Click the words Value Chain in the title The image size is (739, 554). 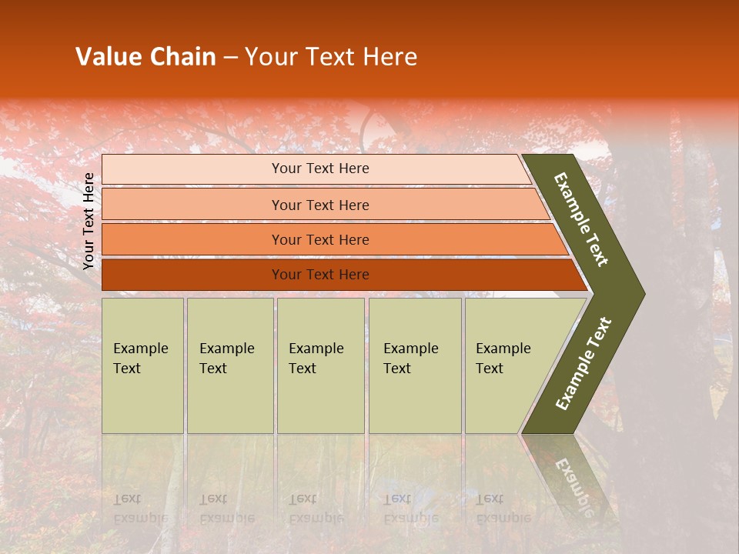point(145,57)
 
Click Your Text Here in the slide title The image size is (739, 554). point(331,57)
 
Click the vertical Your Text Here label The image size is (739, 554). point(89,221)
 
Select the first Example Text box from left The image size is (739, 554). point(142,365)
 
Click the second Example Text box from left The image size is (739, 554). point(229,365)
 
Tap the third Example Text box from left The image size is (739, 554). point(320,365)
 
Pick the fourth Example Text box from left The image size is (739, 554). point(415,365)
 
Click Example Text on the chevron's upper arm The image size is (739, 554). point(581,219)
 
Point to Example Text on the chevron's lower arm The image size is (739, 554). point(584,364)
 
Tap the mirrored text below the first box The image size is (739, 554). point(140,509)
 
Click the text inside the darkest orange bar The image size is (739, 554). point(320,275)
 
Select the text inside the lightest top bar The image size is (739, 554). point(320,169)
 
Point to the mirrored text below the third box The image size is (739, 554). point(316,509)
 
